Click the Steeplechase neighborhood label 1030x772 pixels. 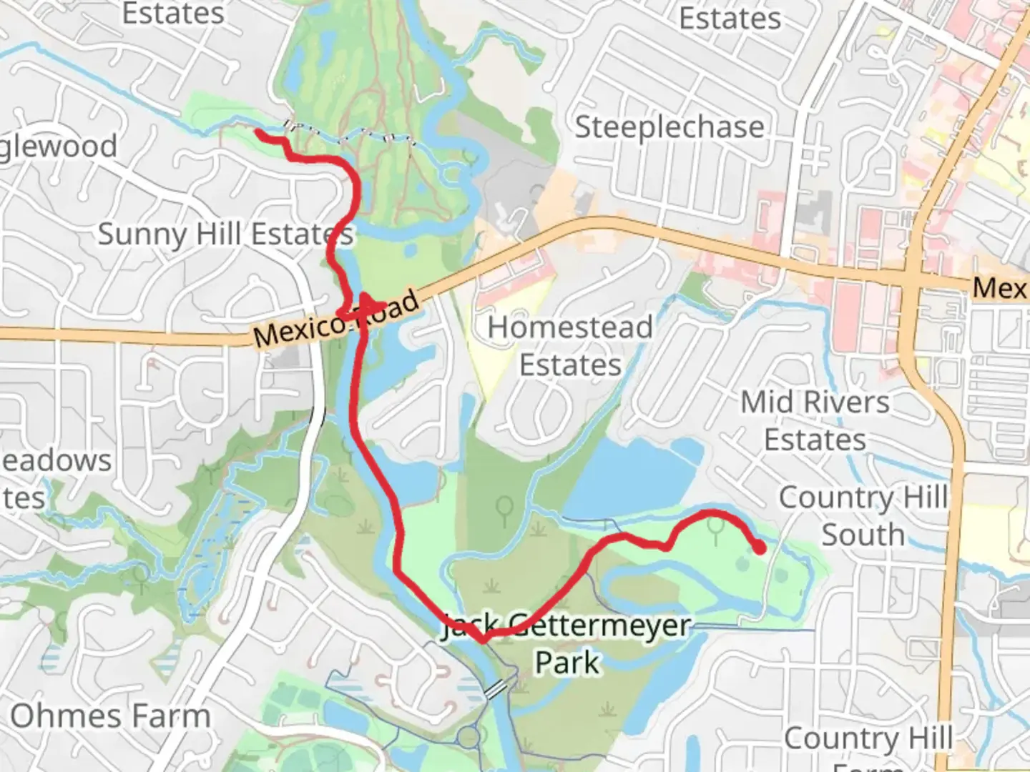pyautogui.click(x=669, y=127)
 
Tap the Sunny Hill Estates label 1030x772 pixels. pyautogui.click(x=225, y=234)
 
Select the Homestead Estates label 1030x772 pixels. pyautogui.click(x=570, y=346)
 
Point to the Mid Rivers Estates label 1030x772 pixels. pyautogui.click(x=815, y=420)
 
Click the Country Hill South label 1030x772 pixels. pyautogui.click(x=863, y=515)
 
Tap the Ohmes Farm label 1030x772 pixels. pyautogui.click(x=110, y=716)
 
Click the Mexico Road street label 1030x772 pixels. pyautogui.click(x=336, y=318)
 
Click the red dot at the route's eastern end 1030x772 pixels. pyautogui.click(x=759, y=548)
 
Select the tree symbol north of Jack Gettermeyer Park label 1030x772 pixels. pyautogui.click(x=505, y=508)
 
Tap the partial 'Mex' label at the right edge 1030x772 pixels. pyautogui.click(x=999, y=287)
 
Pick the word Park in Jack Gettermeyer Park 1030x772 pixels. pyautogui.click(x=567, y=662)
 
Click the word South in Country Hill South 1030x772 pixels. pyautogui.click(x=863, y=534)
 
